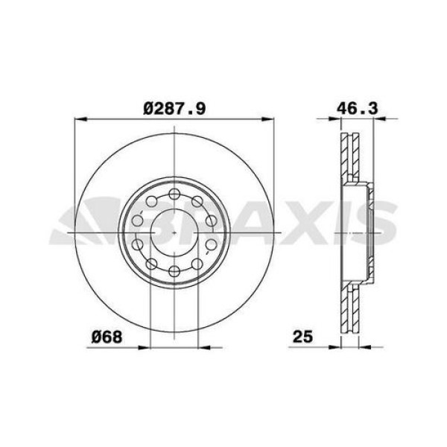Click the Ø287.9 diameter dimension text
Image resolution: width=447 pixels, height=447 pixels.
pos(174,109)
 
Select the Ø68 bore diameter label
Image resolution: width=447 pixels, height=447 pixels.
pos(107,337)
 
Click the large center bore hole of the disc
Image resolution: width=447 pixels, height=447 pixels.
pos(174,231)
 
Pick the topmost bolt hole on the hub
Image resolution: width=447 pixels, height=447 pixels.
pos(174,195)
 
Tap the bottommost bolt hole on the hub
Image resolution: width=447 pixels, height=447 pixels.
pos(174,269)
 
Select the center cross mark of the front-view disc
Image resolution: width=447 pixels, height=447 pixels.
pos(174,232)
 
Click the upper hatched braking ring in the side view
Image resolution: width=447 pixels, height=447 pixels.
pos(349,160)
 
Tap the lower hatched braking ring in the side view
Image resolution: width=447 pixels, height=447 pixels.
pos(349,302)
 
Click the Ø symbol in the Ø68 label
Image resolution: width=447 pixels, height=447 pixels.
pos(98,337)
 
